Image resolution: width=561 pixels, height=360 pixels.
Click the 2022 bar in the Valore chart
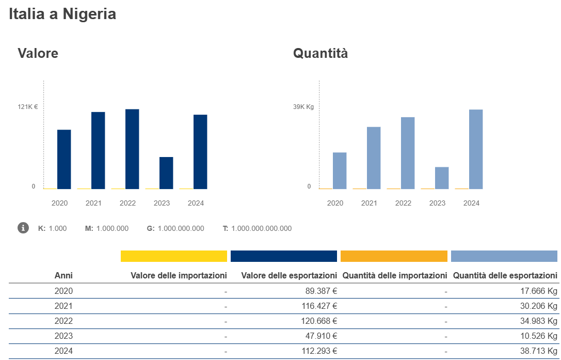click(x=132, y=149)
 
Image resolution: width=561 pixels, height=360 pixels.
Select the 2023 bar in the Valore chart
click(x=166, y=173)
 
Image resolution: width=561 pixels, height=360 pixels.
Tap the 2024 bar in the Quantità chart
click(x=476, y=149)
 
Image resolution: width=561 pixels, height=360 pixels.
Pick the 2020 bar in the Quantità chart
click(x=340, y=170)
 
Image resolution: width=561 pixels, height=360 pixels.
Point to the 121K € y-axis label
click(x=28, y=107)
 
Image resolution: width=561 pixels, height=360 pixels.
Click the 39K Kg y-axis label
click(x=303, y=107)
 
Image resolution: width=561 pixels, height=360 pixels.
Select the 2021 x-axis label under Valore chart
click(x=93, y=203)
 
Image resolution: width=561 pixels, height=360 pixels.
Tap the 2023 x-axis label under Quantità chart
click(x=437, y=203)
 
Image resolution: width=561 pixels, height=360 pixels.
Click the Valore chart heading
click(x=38, y=53)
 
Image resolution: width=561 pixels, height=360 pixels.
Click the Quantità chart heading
click(x=320, y=53)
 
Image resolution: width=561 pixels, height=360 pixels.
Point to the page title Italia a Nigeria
click(x=62, y=14)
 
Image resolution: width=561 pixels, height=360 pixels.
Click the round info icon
click(x=23, y=228)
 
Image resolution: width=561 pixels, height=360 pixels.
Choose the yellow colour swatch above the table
click(x=174, y=256)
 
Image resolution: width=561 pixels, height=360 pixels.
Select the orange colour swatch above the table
click(x=394, y=256)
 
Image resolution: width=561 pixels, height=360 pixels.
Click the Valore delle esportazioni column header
click(x=289, y=276)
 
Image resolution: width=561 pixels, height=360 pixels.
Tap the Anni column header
click(x=63, y=276)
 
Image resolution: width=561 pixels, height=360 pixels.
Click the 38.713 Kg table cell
click(x=540, y=351)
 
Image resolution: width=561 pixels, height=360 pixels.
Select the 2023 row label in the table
click(x=63, y=336)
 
